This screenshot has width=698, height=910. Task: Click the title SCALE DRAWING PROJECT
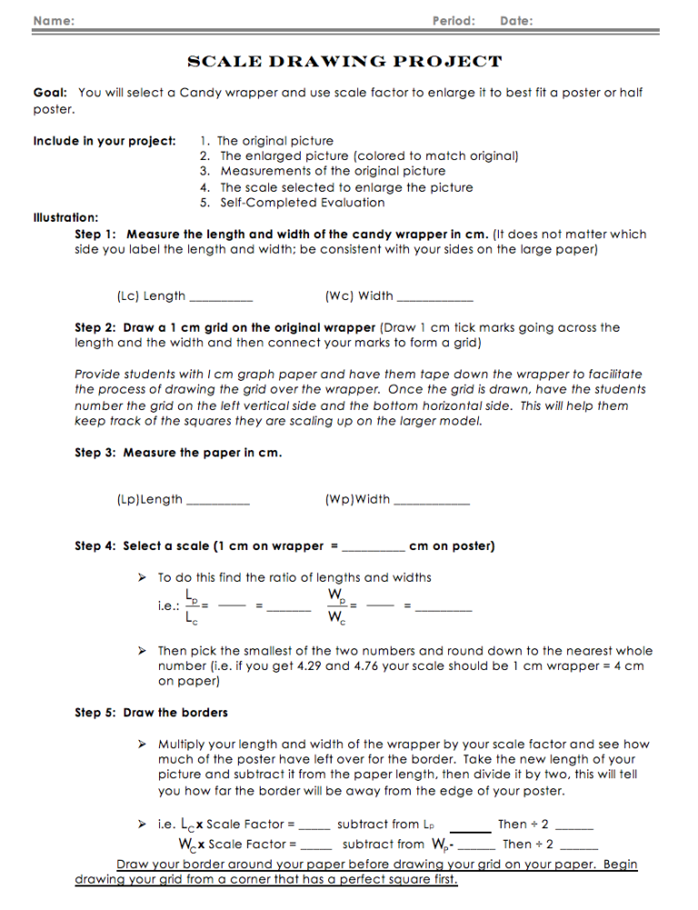click(344, 62)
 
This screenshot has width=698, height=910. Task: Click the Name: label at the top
click(55, 20)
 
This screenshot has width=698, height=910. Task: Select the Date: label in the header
click(516, 20)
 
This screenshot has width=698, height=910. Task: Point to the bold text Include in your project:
click(105, 141)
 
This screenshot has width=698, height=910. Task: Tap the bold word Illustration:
click(66, 218)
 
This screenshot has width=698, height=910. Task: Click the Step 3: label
click(95, 453)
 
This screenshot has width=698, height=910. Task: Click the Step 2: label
click(95, 327)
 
